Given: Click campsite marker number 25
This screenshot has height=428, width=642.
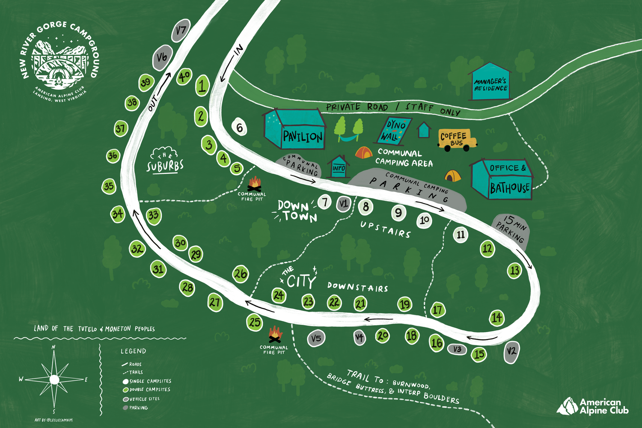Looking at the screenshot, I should [x=255, y=322].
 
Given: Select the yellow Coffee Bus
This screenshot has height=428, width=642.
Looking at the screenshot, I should [x=457, y=139].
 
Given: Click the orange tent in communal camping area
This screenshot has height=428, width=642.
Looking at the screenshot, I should [x=363, y=153].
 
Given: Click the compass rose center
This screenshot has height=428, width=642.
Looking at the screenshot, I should [x=54, y=379].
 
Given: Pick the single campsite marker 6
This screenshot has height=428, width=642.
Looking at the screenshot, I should [x=239, y=128].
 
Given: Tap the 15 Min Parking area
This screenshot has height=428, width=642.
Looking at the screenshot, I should [x=511, y=230].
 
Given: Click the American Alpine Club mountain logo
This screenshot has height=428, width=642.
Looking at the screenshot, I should [x=568, y=407].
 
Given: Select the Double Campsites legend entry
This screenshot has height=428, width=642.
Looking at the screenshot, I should [x=147, y=389].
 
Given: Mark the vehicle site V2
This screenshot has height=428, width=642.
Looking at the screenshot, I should [x=511, y=352].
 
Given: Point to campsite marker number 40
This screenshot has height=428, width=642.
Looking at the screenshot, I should [x=184, y=77].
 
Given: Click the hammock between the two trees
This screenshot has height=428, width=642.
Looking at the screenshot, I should [x=348, y=138].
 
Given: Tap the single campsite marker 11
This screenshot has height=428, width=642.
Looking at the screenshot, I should [x=461, y=235].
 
